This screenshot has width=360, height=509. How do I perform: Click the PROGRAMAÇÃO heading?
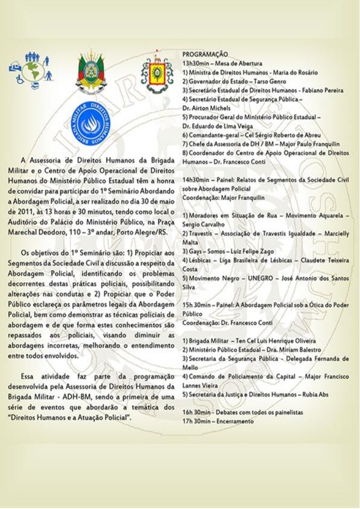(x=205, y=52)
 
